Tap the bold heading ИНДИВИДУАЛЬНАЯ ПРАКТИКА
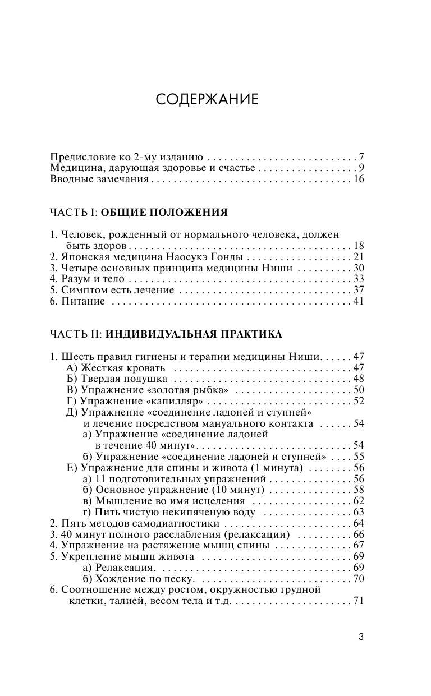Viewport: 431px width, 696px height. point(194,334)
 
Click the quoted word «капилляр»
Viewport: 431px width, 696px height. point(173,401)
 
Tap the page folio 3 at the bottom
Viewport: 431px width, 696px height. point(361,637)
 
